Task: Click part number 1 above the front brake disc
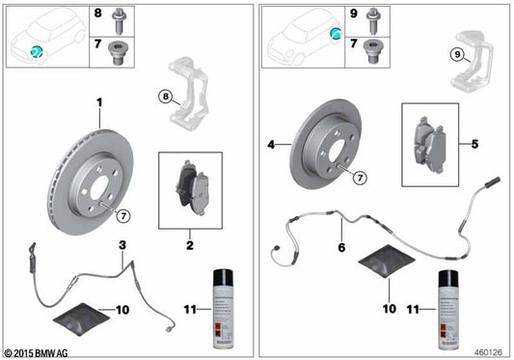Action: coord(97,101)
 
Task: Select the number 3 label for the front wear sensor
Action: coord(122,245)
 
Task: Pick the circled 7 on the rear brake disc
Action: coord(359,178)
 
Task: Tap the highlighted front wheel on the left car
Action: coord(36,51)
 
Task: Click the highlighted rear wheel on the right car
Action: coord(336,34)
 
